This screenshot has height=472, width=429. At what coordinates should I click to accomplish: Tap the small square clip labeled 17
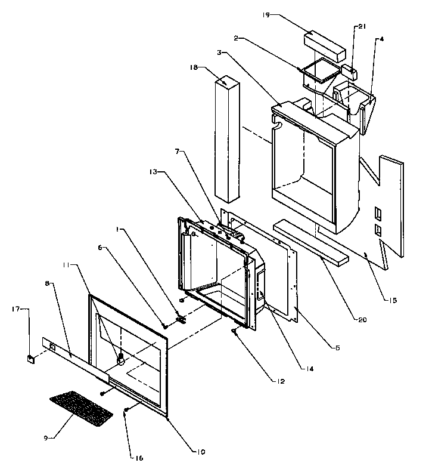pyautogui.click(x=29, y=358)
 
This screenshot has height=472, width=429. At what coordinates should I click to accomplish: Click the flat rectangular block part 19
pyautogui.click(x=325, y=44)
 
